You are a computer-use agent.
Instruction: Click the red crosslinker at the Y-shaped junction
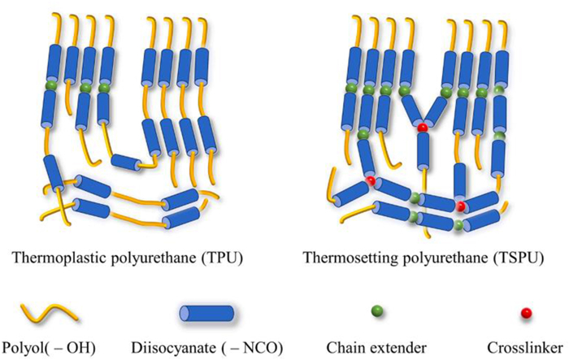423,128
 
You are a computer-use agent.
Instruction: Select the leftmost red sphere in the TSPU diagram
370,180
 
